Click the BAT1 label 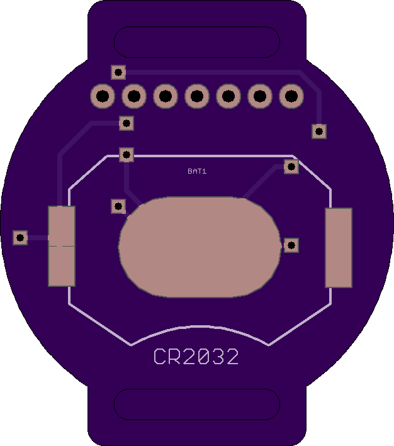click(x=197, y=171)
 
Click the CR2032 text click(x=196, y=357)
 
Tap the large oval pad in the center click(x=200, y=247)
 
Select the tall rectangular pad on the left click(x=62, y=246)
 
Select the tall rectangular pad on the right click(x=339, y=248)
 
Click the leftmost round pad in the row click(x=103, y=96)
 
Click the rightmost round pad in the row click(x=291, y=96)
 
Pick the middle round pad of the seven click(x=197, y=96)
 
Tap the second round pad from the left click(x=134, y=96)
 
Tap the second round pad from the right click(x=260, y=96)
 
